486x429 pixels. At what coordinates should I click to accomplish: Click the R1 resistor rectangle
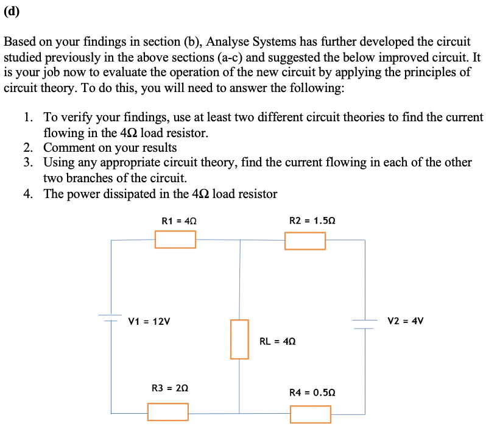pos(175,239)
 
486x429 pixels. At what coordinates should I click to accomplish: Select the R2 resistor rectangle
pos(305,241)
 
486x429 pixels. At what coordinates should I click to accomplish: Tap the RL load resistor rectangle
pos(239,339)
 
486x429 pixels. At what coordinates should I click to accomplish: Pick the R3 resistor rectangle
pos(167,412)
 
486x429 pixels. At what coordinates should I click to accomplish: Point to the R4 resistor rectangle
pos(311,414)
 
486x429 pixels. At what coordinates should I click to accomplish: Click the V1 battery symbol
pos(111,317)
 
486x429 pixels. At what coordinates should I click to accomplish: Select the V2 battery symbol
pos(365,324)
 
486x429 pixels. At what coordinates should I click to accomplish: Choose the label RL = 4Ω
pos(278,341)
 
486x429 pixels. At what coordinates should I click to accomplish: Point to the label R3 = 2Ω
pos(169,388)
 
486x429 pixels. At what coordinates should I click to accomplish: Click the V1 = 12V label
pos(149,321)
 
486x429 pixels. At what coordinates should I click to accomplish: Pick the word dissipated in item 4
pos(138,194)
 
